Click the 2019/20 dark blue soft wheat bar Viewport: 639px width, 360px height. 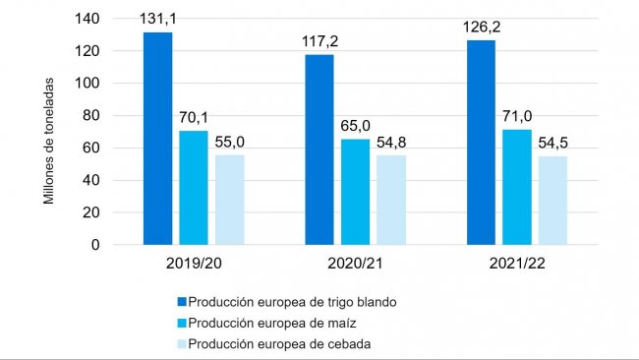point(157,138)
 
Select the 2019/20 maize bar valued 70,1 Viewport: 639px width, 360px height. point(194,187)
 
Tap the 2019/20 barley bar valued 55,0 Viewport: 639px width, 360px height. point(229,200)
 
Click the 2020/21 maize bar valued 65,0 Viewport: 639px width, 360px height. point(355,191)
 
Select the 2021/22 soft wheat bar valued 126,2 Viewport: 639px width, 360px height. point(481,142)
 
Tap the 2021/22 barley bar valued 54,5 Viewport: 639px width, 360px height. point(552,200)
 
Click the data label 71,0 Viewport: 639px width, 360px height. point(516,117)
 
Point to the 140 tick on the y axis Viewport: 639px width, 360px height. point(87,19)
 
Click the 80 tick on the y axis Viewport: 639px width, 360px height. point(91,115)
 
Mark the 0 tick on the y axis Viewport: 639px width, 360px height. point(95,244)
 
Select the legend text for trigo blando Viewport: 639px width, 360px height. point(293,302)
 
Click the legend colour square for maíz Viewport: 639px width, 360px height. point(181,323)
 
